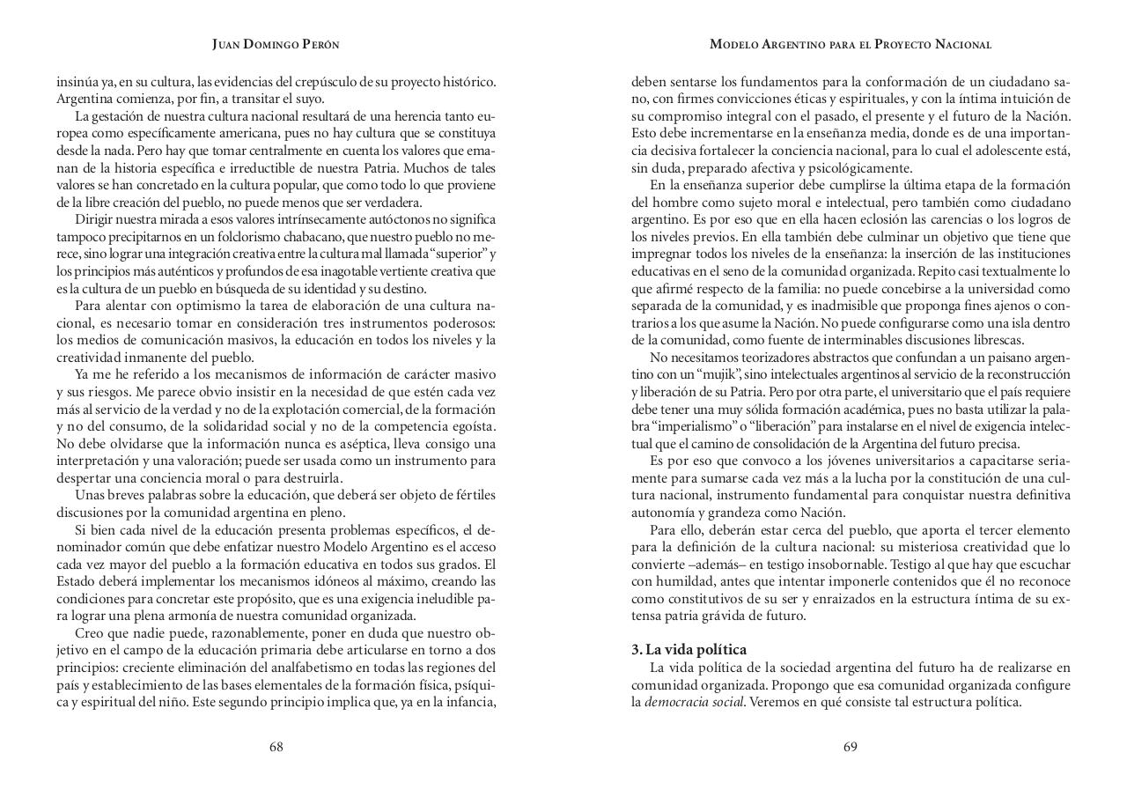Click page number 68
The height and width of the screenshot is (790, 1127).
(276, 747)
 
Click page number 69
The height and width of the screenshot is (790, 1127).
(850, 747)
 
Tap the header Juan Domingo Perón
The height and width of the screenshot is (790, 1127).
(276, 44)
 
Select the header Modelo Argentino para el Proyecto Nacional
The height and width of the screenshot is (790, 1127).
(851, 44)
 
